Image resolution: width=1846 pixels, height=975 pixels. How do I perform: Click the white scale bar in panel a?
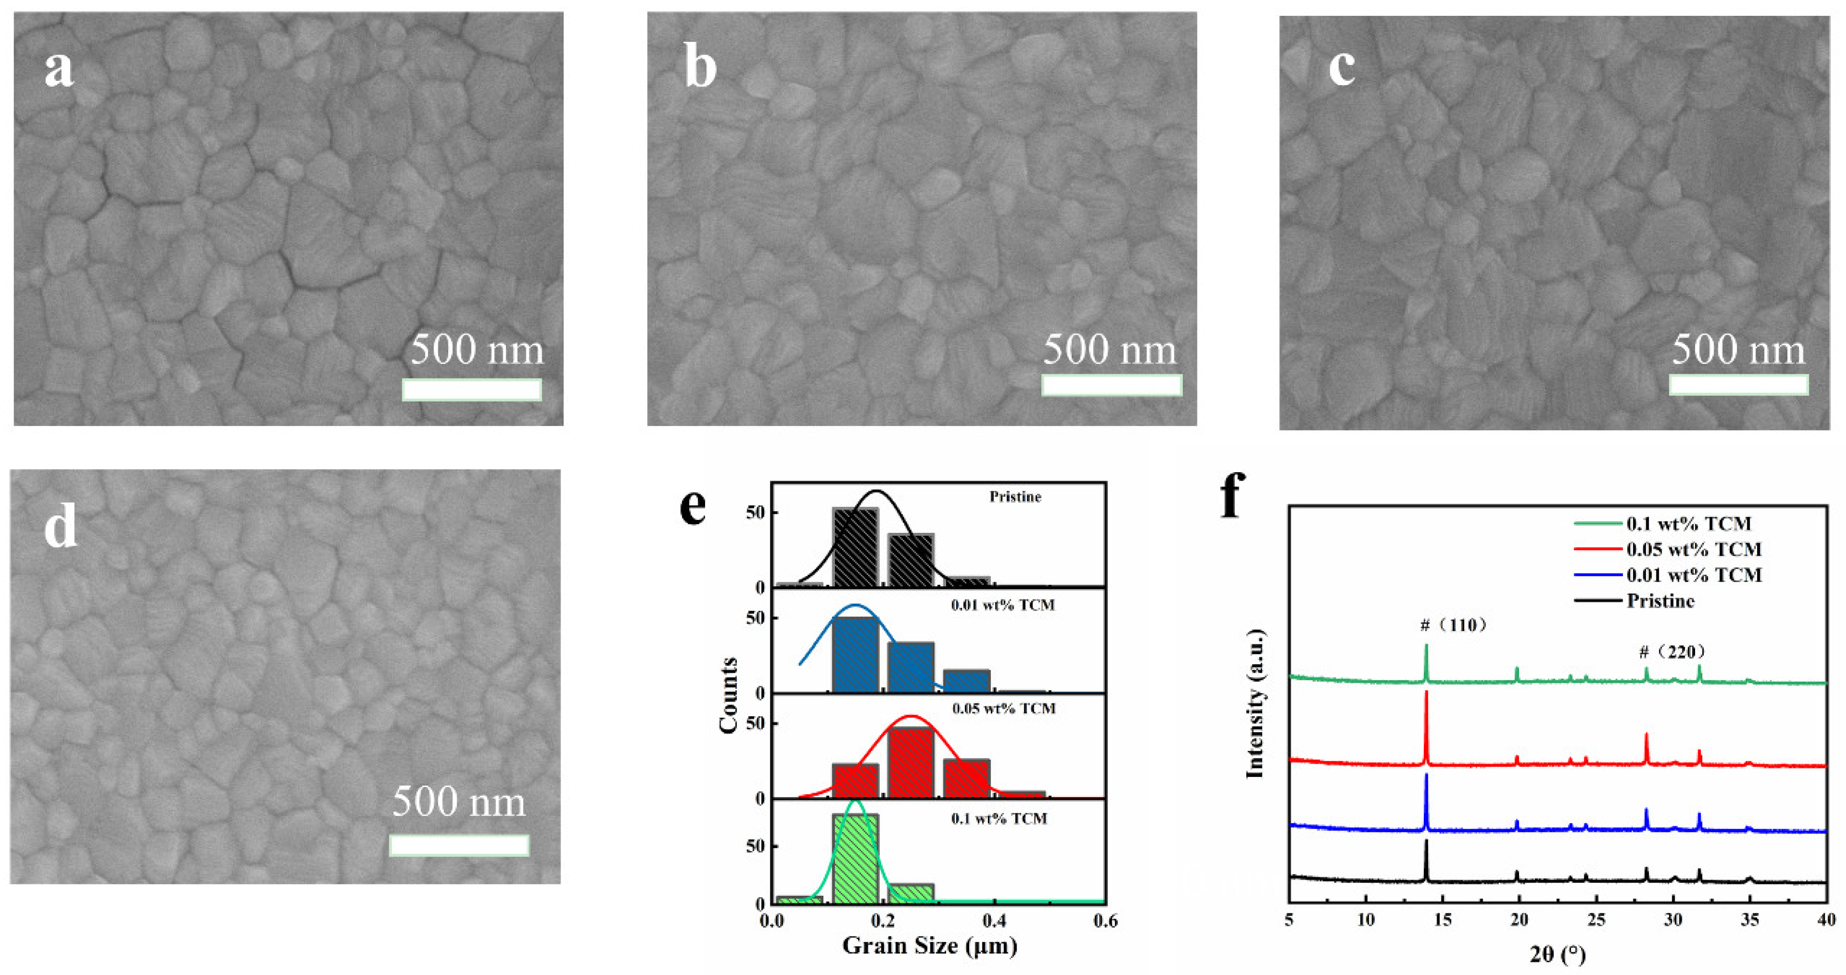click(x=471, y=389)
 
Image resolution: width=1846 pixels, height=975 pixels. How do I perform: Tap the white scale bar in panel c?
click(x=1738, y=385)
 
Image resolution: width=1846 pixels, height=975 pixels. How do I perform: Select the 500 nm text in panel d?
click(x=459, y=801)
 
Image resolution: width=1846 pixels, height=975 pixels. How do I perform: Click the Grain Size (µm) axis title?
click(x=929, y=946)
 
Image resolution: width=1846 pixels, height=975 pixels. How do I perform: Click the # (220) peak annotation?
click(x=1672, y=652)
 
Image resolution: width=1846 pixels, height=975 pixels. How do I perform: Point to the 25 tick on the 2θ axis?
click(x=1596, y=920)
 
